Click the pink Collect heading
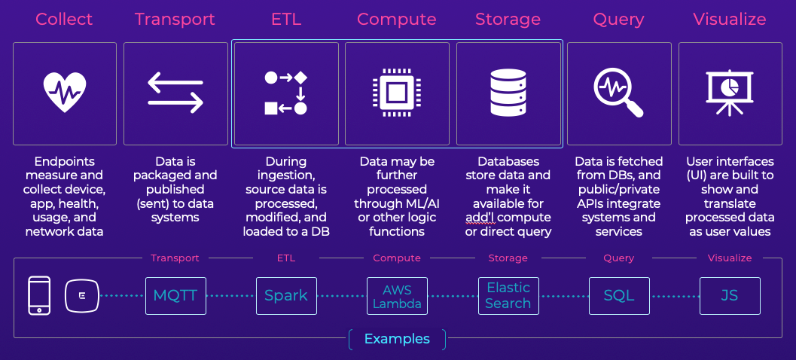click(65, 19)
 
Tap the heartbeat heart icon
click(65, 93)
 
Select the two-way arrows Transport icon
click(175, 93)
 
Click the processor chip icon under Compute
click(397, 93)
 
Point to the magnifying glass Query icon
click(618, 93)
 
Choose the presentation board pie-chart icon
click(730, 93)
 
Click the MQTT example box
click(175, 295)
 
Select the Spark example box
click(286, 295)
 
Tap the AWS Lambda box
click(397, 295)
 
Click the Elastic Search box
click(508, 295)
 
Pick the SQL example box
click(619, 295)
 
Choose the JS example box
click(730, 295)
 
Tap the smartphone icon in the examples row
click(39, 295)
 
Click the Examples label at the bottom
click(397, 339)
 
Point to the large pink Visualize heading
click(730, 19)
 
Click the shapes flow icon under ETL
click(286, 93)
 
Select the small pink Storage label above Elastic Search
click(508, 258)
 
